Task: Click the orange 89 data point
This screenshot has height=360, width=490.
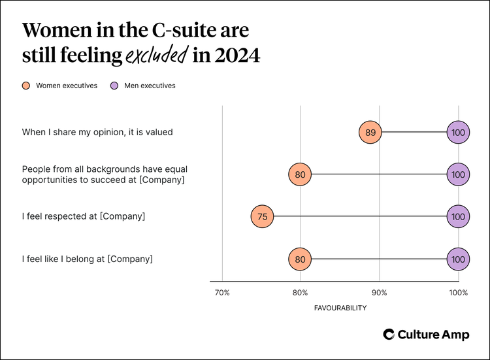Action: pos(370,132)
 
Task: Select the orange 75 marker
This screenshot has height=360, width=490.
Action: pos(262,216)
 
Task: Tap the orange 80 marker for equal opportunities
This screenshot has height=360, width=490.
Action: pos(300,174)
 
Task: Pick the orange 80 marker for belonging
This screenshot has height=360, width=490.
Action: pos(300,259)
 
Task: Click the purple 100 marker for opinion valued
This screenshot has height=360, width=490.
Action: pos(458,132)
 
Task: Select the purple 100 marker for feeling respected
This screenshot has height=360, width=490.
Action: pos(458,216)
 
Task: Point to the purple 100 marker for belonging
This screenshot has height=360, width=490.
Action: pos(458,259)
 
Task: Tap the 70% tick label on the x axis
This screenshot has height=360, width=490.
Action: pos(222,293)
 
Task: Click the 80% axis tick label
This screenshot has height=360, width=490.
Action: pos(300,293)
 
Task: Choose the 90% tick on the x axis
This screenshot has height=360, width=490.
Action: pos(379,293)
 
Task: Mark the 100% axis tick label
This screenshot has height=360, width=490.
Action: pos(458,293)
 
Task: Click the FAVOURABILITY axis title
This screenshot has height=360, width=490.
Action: pos(340,308)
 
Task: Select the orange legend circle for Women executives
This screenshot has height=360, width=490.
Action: pos(26,86)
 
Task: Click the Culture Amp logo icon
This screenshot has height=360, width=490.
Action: pos(389,335)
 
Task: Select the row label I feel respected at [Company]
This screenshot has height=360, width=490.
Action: pos(84,216)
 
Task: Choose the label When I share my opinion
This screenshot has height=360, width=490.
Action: pos(97,132)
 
